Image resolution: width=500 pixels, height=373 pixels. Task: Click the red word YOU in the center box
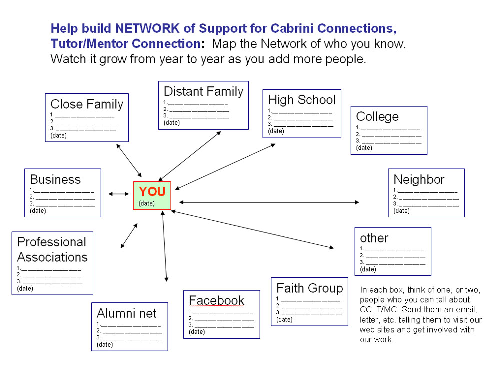152,191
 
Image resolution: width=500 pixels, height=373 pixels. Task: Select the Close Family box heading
87,104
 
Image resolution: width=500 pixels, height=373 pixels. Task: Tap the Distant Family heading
203,91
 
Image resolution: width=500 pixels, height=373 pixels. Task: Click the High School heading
302,99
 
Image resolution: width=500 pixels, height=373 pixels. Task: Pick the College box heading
377,116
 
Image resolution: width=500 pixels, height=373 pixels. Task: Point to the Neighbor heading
419,179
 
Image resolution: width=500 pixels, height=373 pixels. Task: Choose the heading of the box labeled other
374,238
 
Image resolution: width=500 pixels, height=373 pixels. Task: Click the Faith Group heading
309,288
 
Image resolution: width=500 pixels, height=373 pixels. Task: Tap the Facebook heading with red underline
216,300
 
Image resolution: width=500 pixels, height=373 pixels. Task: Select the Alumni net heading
127,313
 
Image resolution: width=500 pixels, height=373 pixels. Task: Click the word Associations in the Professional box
52,257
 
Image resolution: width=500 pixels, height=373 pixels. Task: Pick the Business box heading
55,179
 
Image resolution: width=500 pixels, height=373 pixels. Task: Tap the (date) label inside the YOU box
147,203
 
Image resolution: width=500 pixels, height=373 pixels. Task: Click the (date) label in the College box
364,148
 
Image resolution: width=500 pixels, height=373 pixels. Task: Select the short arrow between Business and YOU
118,194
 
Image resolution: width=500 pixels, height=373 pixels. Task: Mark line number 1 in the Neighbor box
425,190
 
